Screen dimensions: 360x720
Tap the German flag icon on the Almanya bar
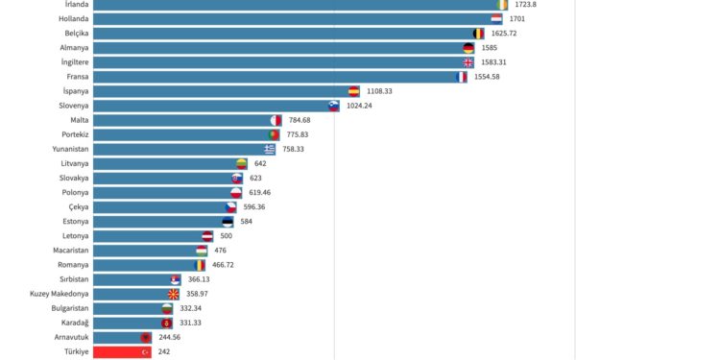pos(468,48)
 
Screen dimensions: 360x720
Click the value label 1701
pos(517,19)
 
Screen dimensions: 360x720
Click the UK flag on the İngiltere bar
pos(468,62)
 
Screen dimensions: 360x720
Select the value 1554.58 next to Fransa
pos(490,77)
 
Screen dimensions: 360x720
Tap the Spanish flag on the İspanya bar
pos(353,91)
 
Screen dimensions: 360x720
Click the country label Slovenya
pos(71,106)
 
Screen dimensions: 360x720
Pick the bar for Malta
pos(182,120)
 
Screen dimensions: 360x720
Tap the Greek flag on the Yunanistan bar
pos(270,149)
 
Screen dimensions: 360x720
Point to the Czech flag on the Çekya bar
pos(231,206)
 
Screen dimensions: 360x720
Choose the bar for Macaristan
pos(144,251)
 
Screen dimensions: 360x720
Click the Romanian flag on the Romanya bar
pos(200,265)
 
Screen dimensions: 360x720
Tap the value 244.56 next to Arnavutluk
pos(172,338)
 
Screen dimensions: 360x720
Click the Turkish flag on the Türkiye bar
pos(146,352)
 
